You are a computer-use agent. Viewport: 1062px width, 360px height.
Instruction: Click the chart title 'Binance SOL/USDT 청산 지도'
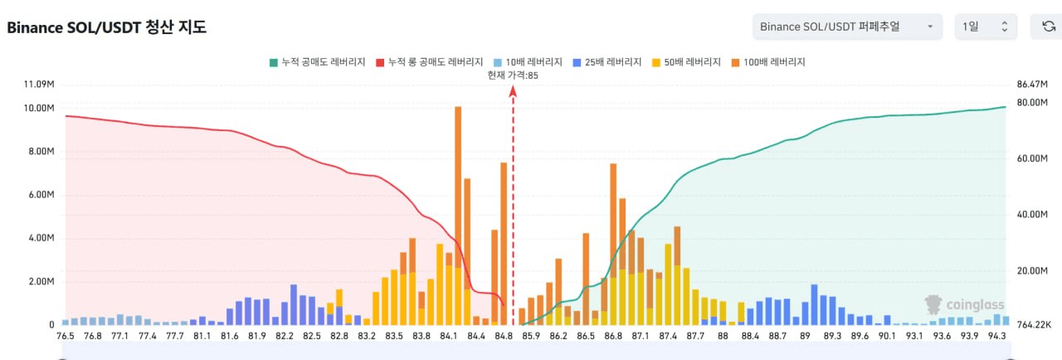pos(107,27)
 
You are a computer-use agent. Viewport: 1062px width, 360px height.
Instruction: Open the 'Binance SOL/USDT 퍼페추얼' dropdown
pos(846,27)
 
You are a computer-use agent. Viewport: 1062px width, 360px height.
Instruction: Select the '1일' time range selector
pos(985,27)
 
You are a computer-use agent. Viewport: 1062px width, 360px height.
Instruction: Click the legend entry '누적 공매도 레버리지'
pos(317,62)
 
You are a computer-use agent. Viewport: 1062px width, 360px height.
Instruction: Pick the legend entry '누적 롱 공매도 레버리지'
pos(429,62)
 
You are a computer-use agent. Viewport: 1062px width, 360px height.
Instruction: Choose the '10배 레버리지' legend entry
pos(528,62)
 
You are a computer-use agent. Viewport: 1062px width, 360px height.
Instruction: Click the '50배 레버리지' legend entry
pos(688,62)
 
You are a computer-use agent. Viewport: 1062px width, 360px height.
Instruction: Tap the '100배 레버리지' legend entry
pos(769,62)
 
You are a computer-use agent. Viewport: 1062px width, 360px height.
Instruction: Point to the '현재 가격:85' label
pos(513,75)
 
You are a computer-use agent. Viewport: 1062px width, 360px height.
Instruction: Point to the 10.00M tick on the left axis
pos(40,109)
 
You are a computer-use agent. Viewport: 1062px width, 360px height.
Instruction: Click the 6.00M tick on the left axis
pos(40,195)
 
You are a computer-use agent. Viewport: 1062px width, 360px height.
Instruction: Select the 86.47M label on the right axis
pos(1033,85)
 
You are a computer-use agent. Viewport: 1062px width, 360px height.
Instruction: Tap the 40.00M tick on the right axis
pos(1033,215)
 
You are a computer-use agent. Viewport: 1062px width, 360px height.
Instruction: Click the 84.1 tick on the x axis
pos(449,336)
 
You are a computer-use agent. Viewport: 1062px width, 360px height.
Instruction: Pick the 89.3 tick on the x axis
pos(833,336)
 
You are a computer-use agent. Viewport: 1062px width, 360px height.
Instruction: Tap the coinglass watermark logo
pos(965,304)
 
